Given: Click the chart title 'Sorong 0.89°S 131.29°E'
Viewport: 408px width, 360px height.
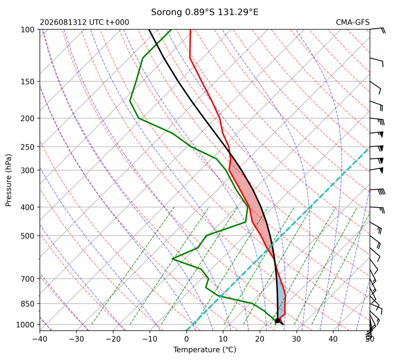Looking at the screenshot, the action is [x=204, y=12].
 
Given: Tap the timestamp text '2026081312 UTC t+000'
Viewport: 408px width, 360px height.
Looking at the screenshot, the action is [x=84, y=22].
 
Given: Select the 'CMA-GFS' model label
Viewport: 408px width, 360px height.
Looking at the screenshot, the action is [x=352, y=22].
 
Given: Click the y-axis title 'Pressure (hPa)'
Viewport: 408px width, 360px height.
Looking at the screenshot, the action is [x=9, y=180].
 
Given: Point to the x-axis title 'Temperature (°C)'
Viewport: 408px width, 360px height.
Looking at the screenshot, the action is [x=204, y=350].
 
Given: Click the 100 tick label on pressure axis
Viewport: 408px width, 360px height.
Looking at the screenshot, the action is [x=28, y=30].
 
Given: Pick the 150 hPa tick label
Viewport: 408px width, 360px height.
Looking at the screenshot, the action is [x=28, y=82].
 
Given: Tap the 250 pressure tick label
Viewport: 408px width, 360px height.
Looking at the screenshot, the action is [x=28, y=147].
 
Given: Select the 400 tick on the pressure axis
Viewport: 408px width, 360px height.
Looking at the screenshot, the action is [x=28, y=207].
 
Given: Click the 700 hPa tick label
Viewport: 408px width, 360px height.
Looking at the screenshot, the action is [x=28, y=279].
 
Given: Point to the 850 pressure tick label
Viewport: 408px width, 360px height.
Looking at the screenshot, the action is [x=28, y=304].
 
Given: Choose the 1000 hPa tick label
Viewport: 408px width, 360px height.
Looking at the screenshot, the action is [x=25, y=325].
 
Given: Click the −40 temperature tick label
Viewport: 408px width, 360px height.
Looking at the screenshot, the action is [x=40, y=339].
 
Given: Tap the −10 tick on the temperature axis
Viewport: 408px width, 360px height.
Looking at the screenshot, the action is [x=150, y=339].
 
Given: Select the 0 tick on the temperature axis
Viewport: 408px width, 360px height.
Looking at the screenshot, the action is [x=186, y=339].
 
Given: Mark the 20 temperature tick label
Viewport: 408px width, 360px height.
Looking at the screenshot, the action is [x=260, y=339].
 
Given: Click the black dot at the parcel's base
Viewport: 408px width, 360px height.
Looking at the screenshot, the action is [x=278, y=320].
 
